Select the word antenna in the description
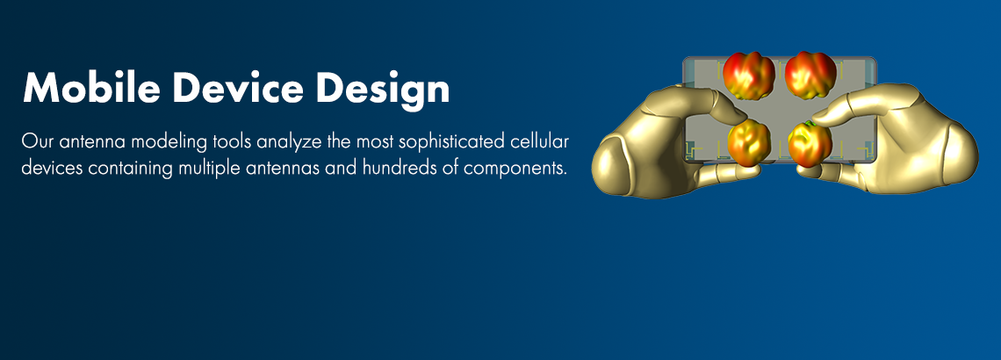click(x=86, y=141)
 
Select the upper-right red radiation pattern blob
click(x=809, y=74)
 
